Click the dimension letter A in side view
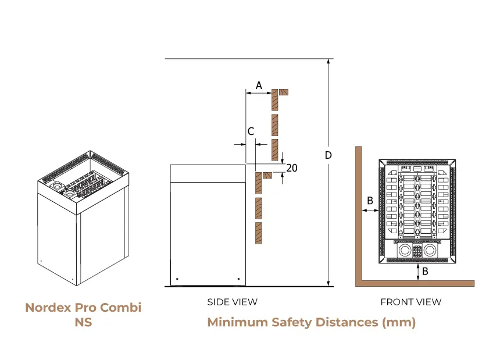(x=259, y=85)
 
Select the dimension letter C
(x=251, y=131)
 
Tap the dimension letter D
(x=328, y=155)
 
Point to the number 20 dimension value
(x=292, y=168)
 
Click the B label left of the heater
(x=370, y=201)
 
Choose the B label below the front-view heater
(x=426, y=271)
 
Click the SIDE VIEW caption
(x=232, y=302)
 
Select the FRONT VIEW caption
(x=410, y=302)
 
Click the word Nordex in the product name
(x=48, y=308)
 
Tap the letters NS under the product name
(x=83, y=322)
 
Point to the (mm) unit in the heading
(x=399, y=322)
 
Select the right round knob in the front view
(x=430, y=251)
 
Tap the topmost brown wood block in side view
(x=275, y=100)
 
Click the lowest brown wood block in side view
(x=259, y=233)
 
